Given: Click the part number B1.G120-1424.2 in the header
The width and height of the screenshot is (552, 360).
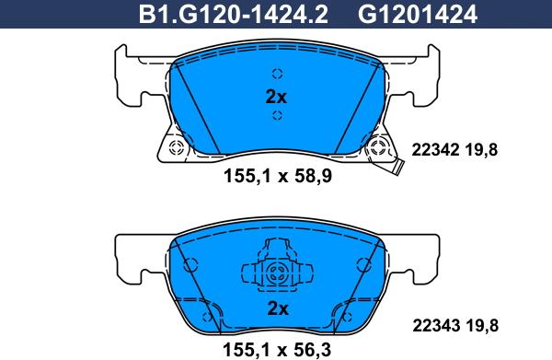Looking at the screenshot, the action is click(234, 15).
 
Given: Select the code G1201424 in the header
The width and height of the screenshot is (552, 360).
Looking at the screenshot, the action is click(418, 15).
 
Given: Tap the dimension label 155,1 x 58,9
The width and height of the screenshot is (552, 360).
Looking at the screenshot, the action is click(278, 176).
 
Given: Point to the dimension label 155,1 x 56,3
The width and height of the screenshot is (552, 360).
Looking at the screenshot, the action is click(277, 350).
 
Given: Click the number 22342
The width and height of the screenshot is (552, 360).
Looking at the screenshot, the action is click(435, 150).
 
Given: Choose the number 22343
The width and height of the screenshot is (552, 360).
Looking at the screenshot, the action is click(436, 326).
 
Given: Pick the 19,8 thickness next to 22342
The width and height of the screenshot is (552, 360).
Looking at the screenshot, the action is click(481, 151).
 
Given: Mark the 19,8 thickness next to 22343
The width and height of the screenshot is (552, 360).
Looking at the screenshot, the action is click(481, 326).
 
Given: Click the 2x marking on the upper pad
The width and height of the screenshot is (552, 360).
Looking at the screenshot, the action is click(276, 97).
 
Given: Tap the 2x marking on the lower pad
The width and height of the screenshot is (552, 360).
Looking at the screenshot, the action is click(278, 308).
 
